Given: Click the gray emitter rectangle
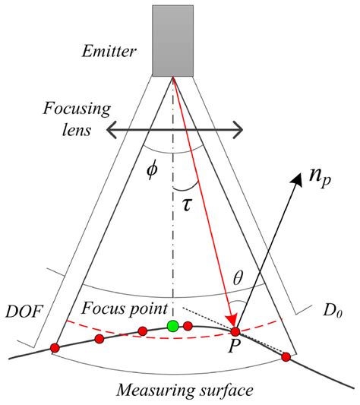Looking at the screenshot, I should (174, 40).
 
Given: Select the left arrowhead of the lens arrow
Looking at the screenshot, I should (108, 131).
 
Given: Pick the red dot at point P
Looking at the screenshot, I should (235, 332).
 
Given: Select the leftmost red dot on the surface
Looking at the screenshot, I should (55, 348).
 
